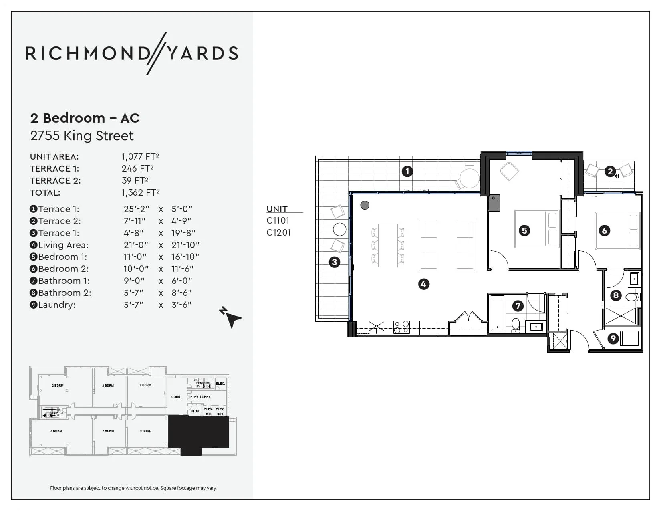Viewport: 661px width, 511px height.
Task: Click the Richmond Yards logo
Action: [132, 53]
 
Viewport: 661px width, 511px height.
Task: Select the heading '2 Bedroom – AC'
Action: [85, 118]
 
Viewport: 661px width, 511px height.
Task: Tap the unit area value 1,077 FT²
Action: [140, 156]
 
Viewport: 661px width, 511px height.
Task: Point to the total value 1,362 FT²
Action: [140, 192]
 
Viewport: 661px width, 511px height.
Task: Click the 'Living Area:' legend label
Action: [63, 245]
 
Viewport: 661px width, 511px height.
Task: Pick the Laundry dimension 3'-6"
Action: [181, 305]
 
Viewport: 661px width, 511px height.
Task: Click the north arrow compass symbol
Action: [230, 317]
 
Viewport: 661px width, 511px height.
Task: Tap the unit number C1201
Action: [278, 232]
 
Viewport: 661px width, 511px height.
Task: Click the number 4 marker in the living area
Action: [423, 284]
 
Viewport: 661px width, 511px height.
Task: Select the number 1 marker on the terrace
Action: [407, 172]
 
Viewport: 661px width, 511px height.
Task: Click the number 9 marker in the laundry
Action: [613, 339]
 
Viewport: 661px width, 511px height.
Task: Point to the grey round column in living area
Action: [365, 205]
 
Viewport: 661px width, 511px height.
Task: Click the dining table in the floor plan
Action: [388, 245]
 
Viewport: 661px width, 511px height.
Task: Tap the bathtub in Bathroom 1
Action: [497, 313]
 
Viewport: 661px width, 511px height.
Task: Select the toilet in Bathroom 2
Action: [633, 297]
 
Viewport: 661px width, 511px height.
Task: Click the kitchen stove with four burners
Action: [401, 327]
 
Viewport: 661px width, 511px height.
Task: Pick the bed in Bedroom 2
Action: [617, 230]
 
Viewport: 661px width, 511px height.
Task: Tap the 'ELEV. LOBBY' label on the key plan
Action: [200, 397]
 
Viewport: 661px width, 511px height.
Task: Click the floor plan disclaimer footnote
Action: [133, 488]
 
